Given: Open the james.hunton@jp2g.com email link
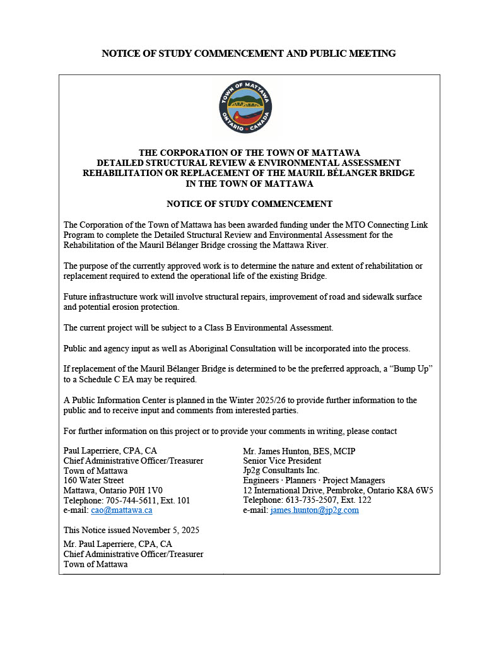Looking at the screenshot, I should click(x=314, y=510).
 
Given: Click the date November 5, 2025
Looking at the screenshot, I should click(x=163, y=531).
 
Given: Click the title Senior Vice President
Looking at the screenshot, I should click(x=282, y=461).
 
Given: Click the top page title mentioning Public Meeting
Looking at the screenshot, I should click(x=249, y=54).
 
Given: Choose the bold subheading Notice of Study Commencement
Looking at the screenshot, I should click(x=249, y=204).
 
